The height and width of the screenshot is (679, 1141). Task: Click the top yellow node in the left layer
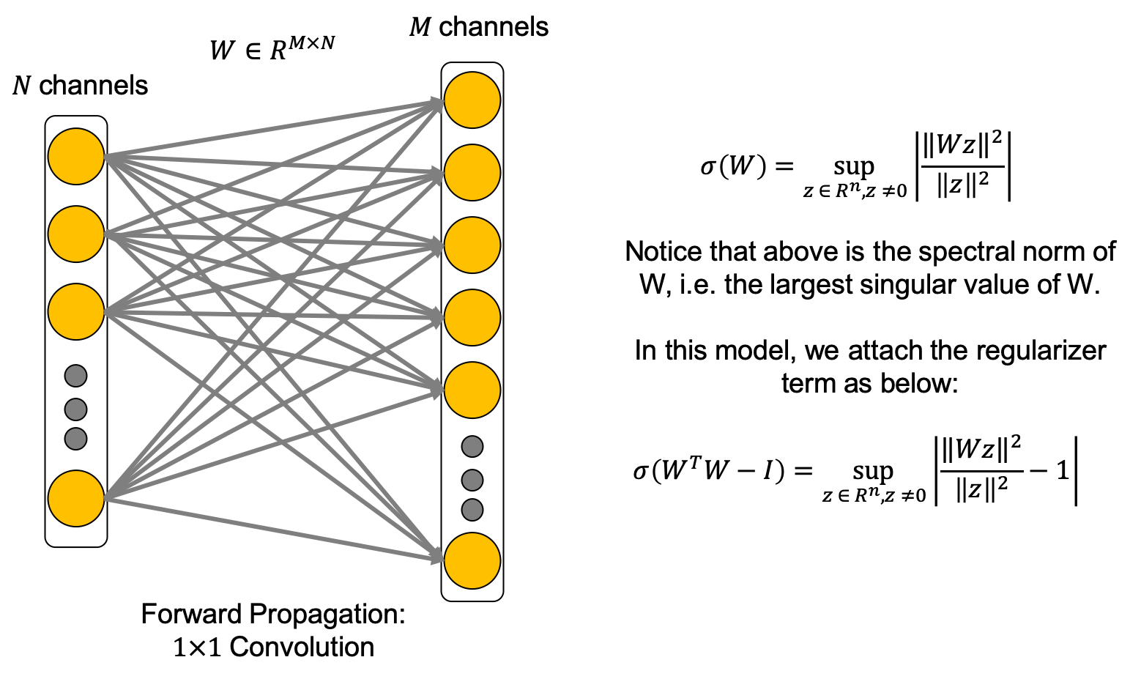pos(76,157)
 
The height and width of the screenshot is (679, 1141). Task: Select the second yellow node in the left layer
pos(76,234)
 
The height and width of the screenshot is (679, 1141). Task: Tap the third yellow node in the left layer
pos(76,312)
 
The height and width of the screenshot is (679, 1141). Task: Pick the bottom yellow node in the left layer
pos(76,499)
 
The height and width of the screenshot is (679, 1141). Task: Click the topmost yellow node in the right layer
pos(472,100)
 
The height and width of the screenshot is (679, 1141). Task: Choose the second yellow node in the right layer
pos(472,173)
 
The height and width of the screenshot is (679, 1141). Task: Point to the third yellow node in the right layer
pos(472,245)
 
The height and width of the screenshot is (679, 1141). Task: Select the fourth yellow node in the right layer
pos(472,318)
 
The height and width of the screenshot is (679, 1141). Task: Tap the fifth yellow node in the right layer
pos(472,390)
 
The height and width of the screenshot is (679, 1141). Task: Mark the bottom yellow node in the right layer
pos(472,561)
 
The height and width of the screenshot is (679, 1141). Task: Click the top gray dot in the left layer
pos(76,376)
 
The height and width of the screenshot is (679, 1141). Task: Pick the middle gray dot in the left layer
pos(76,409)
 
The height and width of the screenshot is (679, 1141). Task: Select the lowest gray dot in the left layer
pos(76,439)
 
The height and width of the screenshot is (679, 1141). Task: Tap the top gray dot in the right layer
pos(472,447)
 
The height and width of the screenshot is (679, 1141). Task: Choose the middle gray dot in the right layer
pos(472,481)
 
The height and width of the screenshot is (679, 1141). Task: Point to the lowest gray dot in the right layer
pos(472,510)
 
